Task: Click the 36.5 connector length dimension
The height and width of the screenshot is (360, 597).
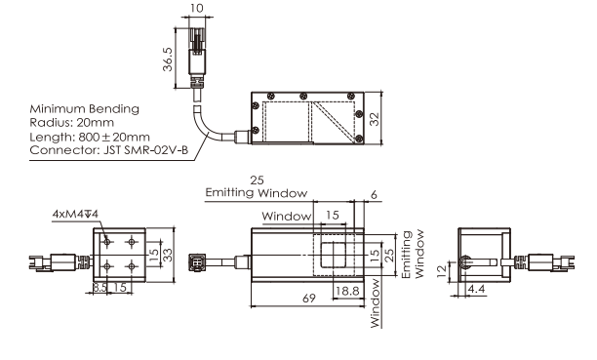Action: coord(168,60)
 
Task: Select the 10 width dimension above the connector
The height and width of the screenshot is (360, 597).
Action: coord(196,8)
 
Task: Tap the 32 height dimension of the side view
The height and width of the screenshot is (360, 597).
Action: coord(375,118)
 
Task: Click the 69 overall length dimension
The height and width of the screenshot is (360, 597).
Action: coord(309,298)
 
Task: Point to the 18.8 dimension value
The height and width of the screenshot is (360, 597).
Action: coord(347,291)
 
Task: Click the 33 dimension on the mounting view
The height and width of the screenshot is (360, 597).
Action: coord(168,255)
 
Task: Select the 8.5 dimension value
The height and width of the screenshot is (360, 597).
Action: coord(100,287)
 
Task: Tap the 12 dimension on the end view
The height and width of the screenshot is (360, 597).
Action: coord(441,271)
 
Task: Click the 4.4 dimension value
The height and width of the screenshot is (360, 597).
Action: coord(476,289)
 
